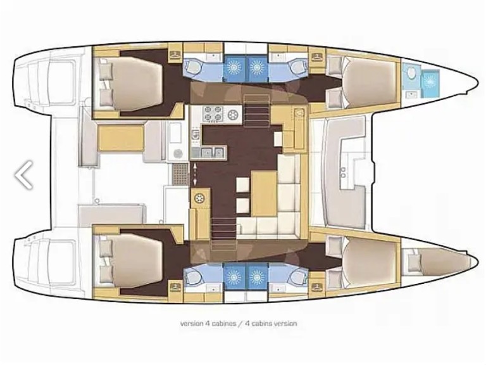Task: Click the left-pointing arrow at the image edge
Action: coord(24,174)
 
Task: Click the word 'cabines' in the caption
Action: coord(219,323)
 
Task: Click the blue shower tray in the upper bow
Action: coord(432,82)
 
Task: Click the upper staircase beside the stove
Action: coord(257,117)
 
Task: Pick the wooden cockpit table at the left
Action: coord(121,138)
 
